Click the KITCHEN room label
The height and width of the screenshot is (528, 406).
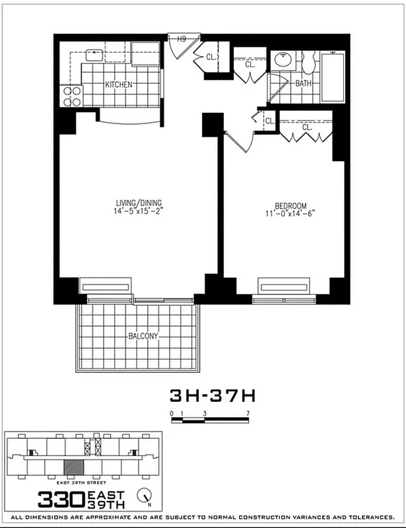point(119,84)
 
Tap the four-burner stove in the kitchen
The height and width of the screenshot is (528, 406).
point(72,96)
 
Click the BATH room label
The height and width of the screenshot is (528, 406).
point(303,84)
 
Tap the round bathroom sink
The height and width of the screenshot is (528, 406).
point(285,60)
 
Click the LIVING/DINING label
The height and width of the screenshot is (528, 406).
point(137,203)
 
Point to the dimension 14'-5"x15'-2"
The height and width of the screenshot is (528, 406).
point(137,212)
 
